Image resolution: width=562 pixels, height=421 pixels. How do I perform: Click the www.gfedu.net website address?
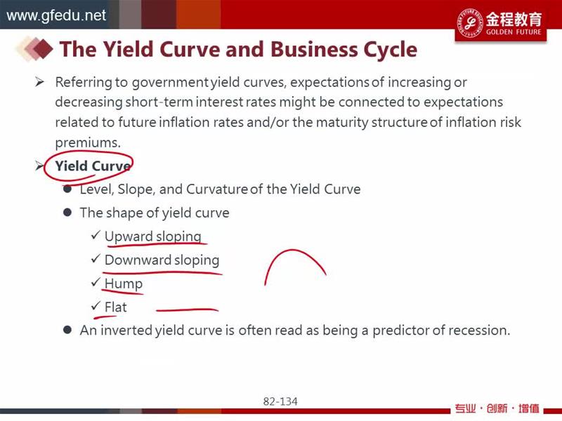coord(56,15)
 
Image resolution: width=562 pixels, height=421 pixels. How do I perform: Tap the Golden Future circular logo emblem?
coord(470,23)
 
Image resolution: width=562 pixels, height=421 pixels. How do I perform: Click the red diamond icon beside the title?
coord(43,48)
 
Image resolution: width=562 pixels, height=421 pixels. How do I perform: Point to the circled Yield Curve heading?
coord(92,166)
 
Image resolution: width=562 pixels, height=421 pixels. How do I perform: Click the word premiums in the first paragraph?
coord(88,143)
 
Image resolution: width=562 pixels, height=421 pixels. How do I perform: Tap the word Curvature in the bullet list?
coord(216,189)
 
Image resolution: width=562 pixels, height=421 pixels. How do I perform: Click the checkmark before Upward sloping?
coord(96,235)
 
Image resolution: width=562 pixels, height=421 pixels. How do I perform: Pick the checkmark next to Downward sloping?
coord(96,258)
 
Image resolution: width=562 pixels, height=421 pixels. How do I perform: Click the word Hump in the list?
coord(124,284)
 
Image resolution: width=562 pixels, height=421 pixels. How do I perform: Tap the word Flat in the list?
coord(115,307)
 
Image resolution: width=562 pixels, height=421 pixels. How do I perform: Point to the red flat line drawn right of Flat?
coord(187,309)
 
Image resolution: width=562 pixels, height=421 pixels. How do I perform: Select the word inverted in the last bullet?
coord(126,330)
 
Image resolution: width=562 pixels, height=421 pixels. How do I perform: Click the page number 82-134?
coord(280,401)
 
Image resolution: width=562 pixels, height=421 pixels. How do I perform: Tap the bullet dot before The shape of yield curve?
coord(67,213)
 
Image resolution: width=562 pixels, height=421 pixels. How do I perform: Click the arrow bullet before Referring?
coord(39,82)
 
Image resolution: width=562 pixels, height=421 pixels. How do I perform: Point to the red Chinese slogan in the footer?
coord(497,408)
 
